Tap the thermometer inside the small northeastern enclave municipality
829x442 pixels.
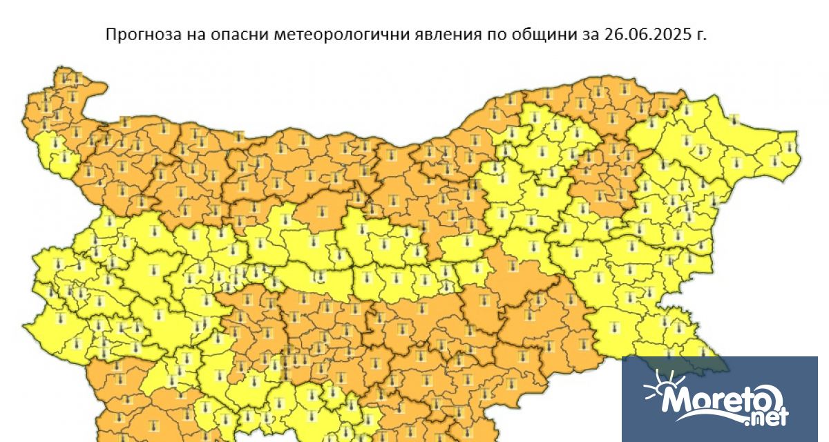735,121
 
